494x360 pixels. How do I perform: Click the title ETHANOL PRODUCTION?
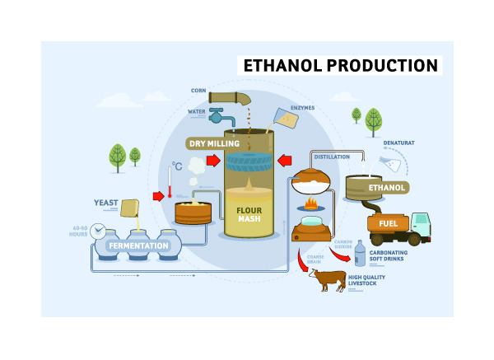point(338,65)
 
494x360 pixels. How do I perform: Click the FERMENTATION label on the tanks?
point(138,245)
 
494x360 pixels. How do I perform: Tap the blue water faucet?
point(221,115)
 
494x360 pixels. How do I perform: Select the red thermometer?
point(169,183)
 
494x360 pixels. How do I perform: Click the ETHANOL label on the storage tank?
point(386,188)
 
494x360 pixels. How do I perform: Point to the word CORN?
point(198,91)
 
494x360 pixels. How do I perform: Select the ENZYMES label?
point(302,108)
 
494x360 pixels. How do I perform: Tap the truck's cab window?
point(422,220)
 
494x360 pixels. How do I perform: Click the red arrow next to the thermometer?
point(156,196)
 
